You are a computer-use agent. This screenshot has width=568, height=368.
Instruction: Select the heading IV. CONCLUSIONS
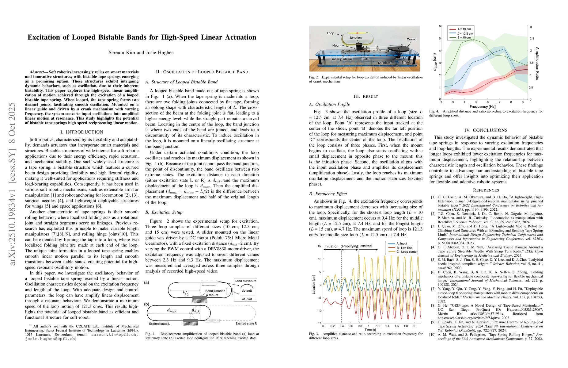(x=486, y=130)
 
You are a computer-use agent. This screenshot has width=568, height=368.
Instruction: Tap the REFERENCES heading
(x=486, y=190)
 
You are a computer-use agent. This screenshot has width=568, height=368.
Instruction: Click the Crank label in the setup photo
(x=411, y=39)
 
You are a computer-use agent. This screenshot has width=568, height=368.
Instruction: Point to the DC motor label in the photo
(x=384, y=63)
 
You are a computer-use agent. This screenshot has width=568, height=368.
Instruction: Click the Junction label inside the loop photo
(x=355, y=38)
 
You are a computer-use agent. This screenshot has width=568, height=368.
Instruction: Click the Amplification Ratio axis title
(x=537, y=63)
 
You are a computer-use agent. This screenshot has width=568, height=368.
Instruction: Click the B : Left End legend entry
(x=404, y=248)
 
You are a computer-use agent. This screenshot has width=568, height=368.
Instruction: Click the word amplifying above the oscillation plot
(x=350, y=246)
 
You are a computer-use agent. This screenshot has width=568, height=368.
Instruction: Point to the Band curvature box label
(x=245, y=281)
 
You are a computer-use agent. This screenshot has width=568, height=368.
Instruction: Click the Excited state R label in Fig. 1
(x=246, y=324)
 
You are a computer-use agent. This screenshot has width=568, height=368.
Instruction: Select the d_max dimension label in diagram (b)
(x=172, y=310)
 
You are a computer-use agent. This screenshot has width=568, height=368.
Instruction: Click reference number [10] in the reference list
(x=433, y=335)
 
